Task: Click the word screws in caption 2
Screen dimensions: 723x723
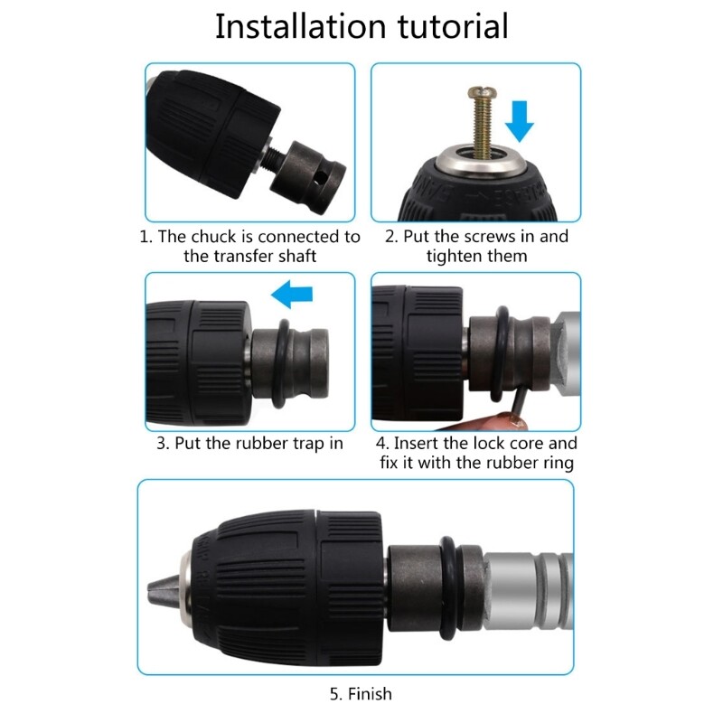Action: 487,237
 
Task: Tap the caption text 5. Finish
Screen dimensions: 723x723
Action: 361,694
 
